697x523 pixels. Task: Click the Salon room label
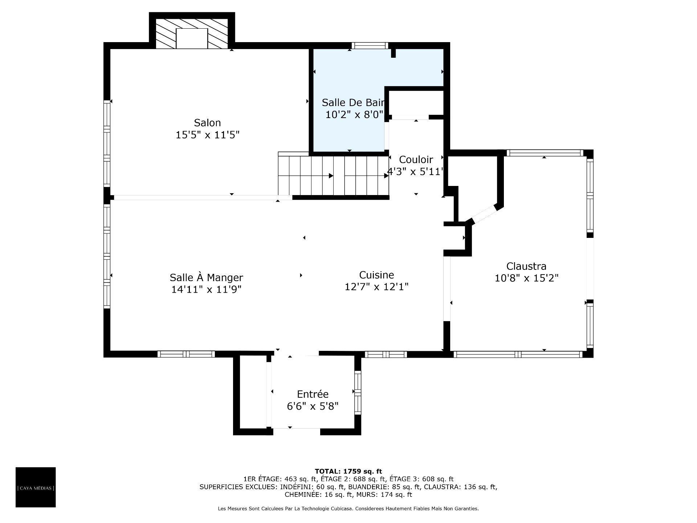click(207, 123)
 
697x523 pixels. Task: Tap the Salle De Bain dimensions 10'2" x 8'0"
click(354, 115)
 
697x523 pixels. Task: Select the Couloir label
click(416, 159)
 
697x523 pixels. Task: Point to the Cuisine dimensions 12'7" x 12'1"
click(376, 287)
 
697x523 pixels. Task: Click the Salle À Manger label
click(206, 277)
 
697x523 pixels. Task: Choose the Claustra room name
click(526, 266)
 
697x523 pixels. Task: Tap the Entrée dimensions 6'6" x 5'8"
click(313, 406)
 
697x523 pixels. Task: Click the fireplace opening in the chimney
click(192, 38)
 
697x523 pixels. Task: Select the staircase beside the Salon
click(333, 175)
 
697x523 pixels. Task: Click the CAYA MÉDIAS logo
click(36, 487)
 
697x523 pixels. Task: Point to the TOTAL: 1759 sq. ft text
click(348, 471)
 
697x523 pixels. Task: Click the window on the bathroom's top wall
click(370, 46)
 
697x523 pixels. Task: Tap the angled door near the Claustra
click(484, 214)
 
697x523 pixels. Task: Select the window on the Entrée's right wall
click(358, 392)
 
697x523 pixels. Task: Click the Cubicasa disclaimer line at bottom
click(348, 509)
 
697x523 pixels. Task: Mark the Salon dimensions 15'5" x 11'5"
click(207, 135)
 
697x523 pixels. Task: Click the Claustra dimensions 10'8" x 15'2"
click(526, 278)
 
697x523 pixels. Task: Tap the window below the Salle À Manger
click(186, 354)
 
